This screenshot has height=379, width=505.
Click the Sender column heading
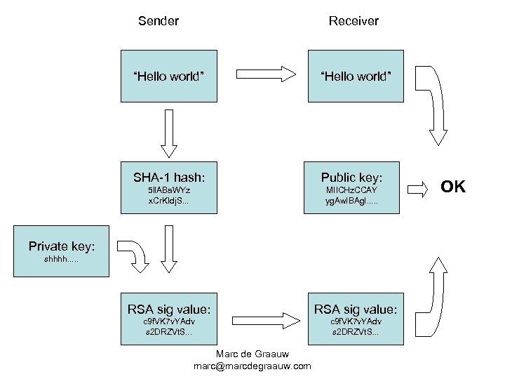(159, 21)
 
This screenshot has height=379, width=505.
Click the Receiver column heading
(353, 21)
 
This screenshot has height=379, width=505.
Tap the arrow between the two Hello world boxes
(262, 73)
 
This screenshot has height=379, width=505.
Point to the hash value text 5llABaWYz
(169, 191)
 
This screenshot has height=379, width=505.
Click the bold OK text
(453, 187)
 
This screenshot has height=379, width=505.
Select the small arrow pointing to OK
(417, 187)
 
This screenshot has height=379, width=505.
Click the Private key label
(62, 246)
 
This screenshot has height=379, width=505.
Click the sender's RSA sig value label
(169, 309)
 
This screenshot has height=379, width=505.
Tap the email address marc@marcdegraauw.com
(252, 366)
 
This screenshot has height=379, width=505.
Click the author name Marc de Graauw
(252, 353)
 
